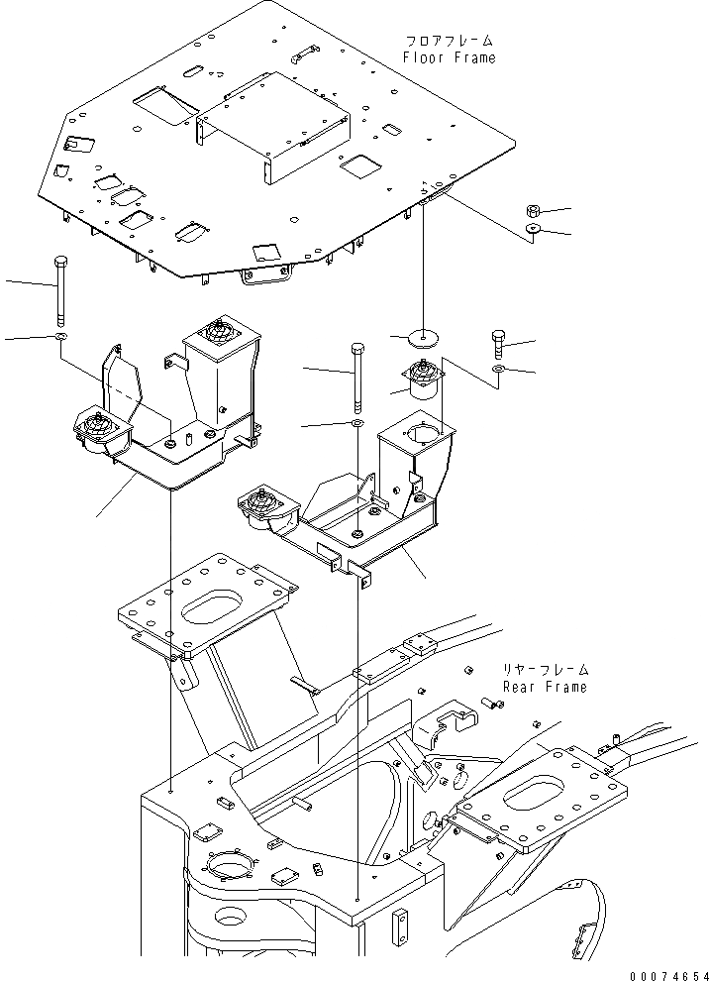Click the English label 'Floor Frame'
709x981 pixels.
pyautogui.click(x=449, y=57)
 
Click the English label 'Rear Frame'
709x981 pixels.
pyautogui.click(x=544, y=686)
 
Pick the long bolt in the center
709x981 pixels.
pyautogui.click(x=355, y=376)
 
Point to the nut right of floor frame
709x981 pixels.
pyautogui.click(x=533, y=211)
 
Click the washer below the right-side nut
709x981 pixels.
pyautogui.click(x=533, y=230)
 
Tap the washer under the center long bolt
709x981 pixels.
pyautogui.click(x=355, y=424)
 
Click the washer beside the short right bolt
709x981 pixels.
pyautogui.click(x=498, y=371)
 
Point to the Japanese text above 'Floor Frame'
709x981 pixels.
pyautogui.click(x=449, y=41)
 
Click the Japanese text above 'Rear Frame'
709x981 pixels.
pyautogui.click(x=544, y=669)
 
